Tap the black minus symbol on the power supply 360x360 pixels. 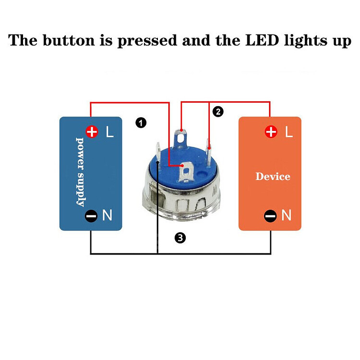coord(92,216)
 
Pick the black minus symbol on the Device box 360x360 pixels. coord(271,216)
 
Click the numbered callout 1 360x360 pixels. coord(141,123)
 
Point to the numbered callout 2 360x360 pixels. coord(218,112)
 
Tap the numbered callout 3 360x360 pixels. coord(180,237)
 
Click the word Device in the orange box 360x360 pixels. coord(273,177)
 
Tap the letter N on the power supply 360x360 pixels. coord(108,216)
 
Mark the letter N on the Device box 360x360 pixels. coord(287,216)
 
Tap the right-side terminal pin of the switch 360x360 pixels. coord(209,146)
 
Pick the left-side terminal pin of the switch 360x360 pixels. coord(158,149)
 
